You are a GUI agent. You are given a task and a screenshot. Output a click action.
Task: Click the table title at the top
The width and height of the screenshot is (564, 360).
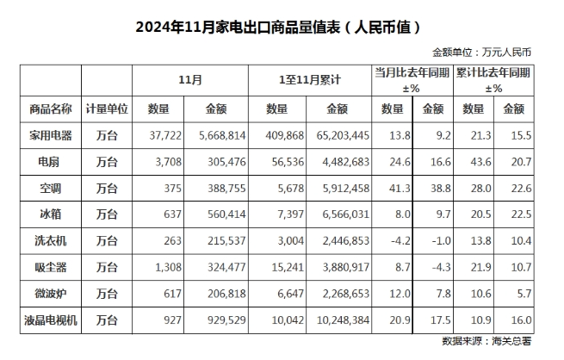(277, 28)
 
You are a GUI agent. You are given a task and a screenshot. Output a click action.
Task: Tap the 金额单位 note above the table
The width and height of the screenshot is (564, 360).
(481, 53)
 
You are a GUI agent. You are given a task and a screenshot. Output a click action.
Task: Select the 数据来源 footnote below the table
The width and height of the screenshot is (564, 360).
(487, 341)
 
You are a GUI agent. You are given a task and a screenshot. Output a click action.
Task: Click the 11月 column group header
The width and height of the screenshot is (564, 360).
(190, 80)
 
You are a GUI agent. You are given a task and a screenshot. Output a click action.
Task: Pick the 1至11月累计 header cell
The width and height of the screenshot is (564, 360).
(310, 80)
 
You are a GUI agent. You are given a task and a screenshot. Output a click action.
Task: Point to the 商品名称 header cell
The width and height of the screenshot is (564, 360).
(51, 109)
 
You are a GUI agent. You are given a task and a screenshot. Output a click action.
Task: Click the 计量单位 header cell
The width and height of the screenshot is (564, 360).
(107, 109)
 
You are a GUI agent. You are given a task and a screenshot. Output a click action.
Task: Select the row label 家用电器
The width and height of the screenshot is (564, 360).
(51, 135)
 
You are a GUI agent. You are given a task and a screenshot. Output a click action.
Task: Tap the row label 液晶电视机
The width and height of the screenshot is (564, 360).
(51, 320)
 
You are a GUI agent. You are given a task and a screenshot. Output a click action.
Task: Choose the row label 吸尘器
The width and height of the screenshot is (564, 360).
(51, 267)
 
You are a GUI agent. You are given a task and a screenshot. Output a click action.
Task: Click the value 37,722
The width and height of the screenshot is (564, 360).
(165, 135)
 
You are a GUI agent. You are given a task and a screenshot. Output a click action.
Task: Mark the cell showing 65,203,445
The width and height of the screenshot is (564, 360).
(343, 135)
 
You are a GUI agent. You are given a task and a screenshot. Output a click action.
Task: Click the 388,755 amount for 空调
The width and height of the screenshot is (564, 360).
(226, 189)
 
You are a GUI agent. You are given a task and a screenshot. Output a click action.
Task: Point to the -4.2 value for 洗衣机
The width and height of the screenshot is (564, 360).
(400, 240)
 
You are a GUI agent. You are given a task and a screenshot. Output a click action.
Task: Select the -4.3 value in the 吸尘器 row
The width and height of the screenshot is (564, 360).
(442, 267)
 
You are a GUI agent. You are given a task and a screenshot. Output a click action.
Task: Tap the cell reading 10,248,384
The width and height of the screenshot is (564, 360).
(343, 320)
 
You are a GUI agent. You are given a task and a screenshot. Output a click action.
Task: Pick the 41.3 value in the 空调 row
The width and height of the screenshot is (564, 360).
(400, 189)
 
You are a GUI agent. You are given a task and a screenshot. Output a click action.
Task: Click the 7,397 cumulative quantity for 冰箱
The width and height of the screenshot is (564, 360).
(291, 214)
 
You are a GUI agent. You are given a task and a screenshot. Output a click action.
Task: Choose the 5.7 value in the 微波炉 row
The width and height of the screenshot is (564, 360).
(524, 294)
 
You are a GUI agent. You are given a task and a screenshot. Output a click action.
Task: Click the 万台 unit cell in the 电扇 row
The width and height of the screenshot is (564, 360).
(107, 162)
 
